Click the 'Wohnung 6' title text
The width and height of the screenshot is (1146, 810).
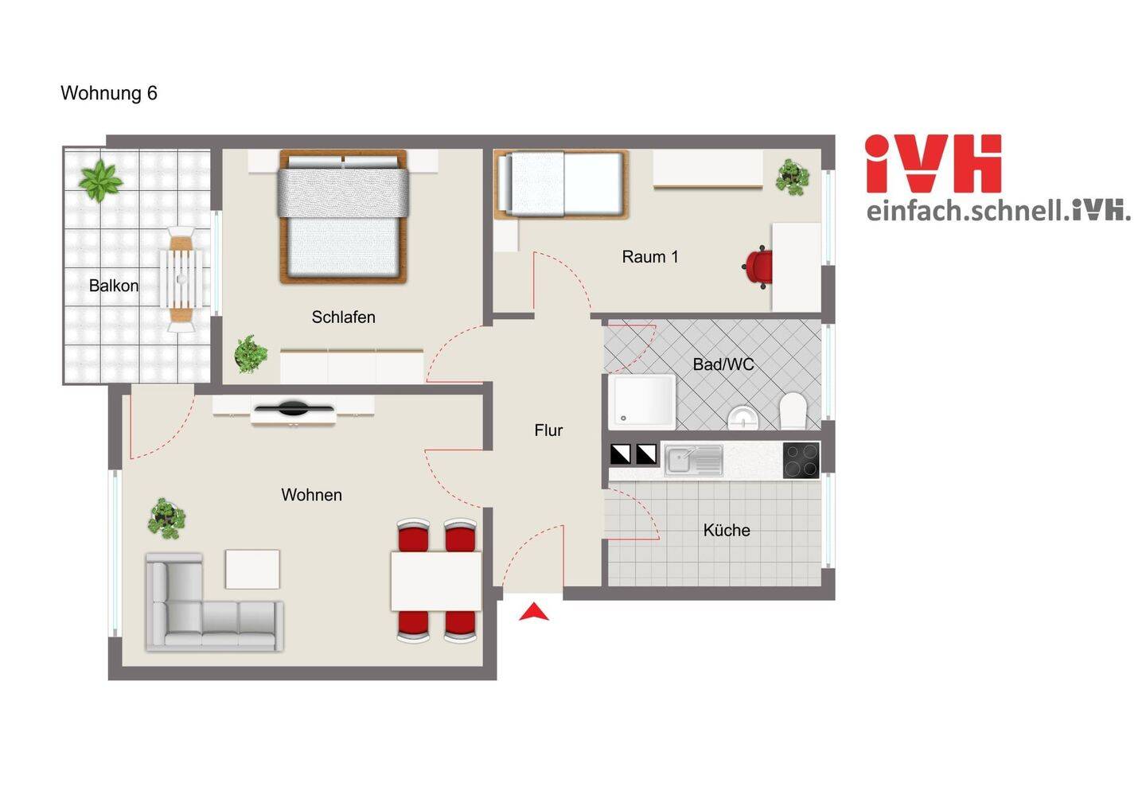pyautogui.click(x=109, y=93)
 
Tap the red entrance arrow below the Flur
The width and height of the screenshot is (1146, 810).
pyautogui.click(x=533, y=612)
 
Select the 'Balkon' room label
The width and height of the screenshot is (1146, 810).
pyautogui.click(x=114, y=286)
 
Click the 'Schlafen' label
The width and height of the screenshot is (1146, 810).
pyautogui.click(x=343, y=317)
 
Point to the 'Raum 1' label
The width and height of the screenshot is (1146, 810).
pyautogui.click(x=650, y=257)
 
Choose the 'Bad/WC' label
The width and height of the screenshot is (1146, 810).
pyautogui.click(x=723, y=364)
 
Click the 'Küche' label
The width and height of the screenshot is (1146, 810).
pyautogui.click(x=727, y=530)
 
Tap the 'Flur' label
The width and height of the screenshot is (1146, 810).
pyautogui.click(x=548, y=430)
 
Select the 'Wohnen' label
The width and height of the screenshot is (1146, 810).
pyautogui.click(x=312, y=495)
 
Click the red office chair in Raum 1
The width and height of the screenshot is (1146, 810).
pyautogui.click(x=758, y=267)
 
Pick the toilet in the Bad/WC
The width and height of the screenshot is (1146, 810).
pyautogui.click(x=793, y=411)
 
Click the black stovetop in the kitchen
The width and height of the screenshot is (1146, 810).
pyautogui.click(x=801, y=460)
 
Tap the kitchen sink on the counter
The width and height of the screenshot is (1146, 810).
pyautogui.click(x=693, y=460)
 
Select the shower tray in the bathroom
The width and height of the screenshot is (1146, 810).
pyautogui.click(x=642, y=402)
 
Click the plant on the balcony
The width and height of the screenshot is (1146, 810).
pyautogui.click(x=101, y=181)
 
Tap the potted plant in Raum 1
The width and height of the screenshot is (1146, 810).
pyautogui.click(x=792, y=177)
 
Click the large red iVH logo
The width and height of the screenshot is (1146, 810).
pyautogui.click(x=934, y=164)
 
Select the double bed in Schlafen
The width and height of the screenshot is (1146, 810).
pyautogui.click(x=343, y=216)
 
